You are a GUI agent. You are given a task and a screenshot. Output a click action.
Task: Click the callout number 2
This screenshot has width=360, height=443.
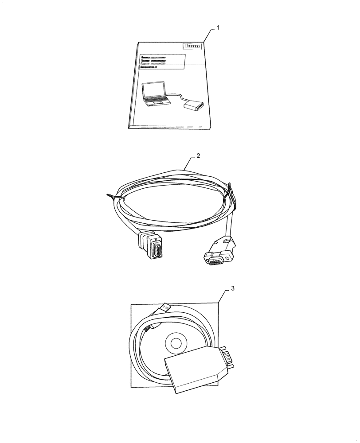[199, 156]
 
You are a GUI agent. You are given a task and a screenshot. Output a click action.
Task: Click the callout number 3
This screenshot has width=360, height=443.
[233, 288]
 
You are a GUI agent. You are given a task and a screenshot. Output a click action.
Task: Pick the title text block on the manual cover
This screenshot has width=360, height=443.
[153, 62]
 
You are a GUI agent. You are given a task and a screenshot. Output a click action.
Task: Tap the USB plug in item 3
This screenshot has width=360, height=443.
[165, 308]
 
